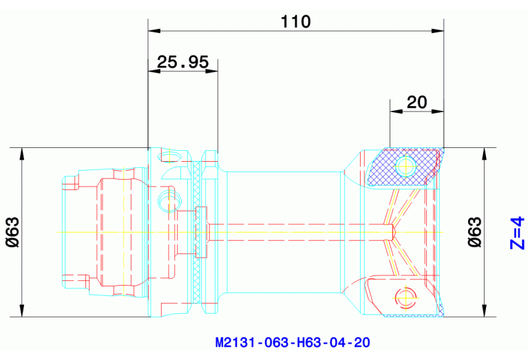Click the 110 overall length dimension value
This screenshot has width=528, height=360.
[x=296, y=21]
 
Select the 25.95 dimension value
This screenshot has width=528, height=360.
[x=182, y=63]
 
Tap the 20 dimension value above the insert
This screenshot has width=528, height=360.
[x=416, y=103]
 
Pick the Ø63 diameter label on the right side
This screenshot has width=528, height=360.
[x=474, y=233]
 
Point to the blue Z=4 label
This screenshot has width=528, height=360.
[x=516, y=233]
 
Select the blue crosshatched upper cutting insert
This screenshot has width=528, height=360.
[x=403, y=167]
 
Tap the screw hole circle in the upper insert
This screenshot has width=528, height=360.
[x=407, y=166]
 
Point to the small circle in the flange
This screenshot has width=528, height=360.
[x=167, y=200]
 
